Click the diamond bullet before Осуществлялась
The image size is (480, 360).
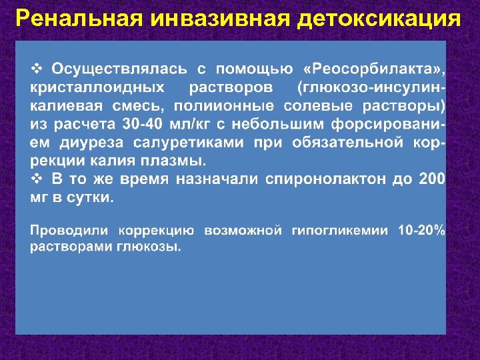[x=38, y=69]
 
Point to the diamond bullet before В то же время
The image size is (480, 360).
[x=38, y=179]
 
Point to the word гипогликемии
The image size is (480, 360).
[x=339, y=231]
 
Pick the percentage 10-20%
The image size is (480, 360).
[x=421, y=231]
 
